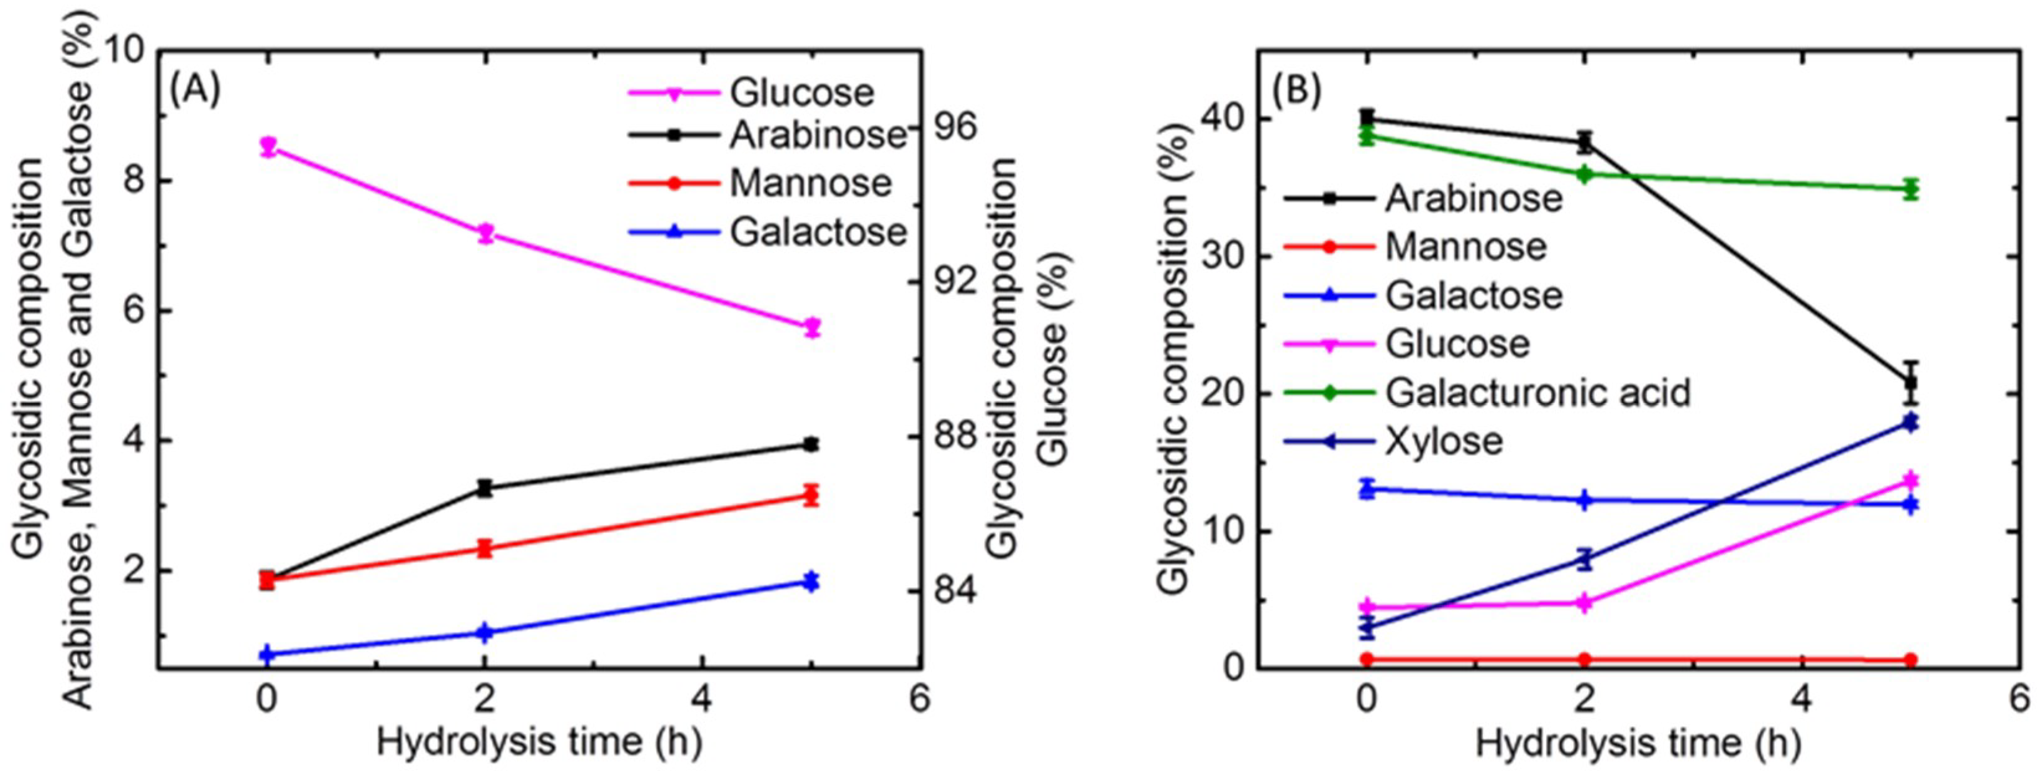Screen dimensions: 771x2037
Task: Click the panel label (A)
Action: [195, 89]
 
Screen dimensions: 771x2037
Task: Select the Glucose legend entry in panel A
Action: [801, 93]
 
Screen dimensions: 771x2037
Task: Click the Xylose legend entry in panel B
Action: [1443, 440]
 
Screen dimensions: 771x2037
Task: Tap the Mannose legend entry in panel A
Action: [809, 183]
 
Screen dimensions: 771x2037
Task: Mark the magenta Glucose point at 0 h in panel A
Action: [268, 146]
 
